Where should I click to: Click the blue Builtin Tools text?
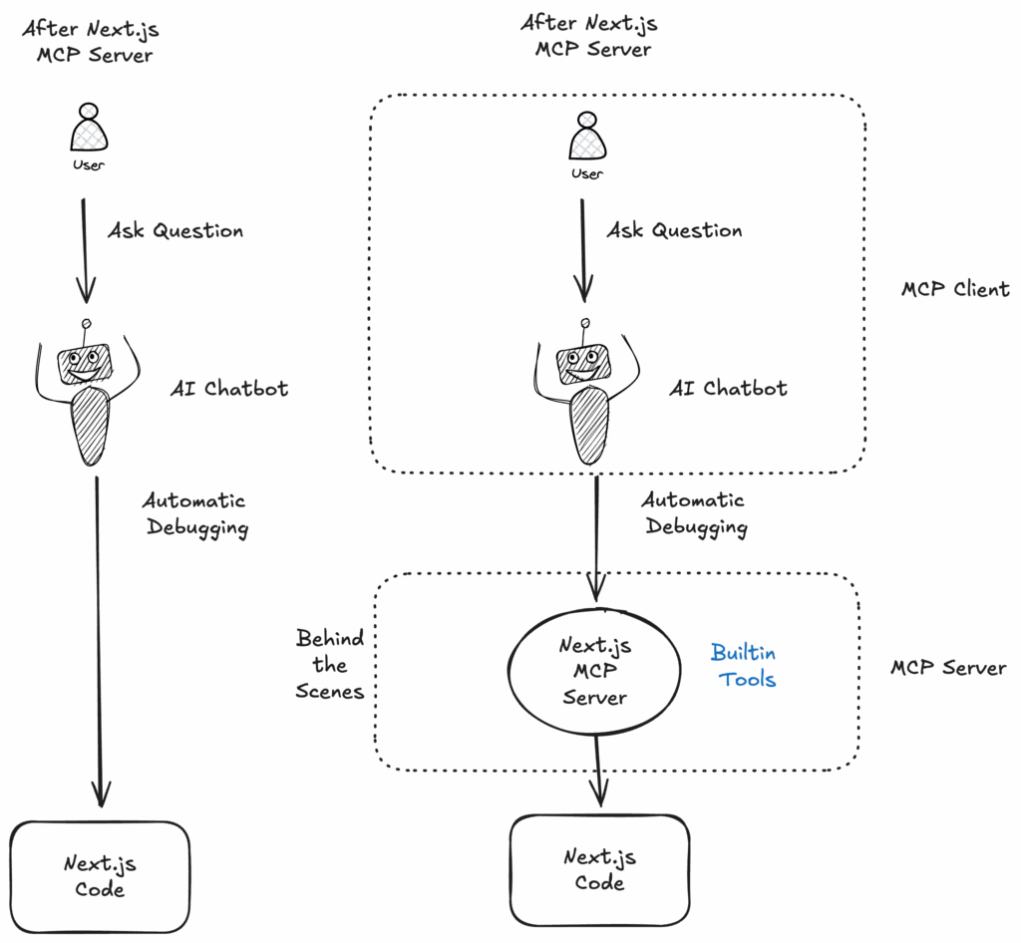point(744,666)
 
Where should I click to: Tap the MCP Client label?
point(954,290)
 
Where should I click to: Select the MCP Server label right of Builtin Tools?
point(946,668)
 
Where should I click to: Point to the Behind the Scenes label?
point(330,664)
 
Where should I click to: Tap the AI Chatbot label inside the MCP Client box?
point(728,388)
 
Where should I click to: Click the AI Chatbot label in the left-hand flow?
point(230,388)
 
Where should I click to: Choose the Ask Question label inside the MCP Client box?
point(674,230)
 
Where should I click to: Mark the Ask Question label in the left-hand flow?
point(175,231)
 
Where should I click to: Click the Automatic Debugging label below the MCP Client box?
point(694,512)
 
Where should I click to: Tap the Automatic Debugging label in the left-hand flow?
point(195,513)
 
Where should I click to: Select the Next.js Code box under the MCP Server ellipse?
point(599,869)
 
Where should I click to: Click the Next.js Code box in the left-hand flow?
point(101,874)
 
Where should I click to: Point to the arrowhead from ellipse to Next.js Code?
point(597,792)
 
